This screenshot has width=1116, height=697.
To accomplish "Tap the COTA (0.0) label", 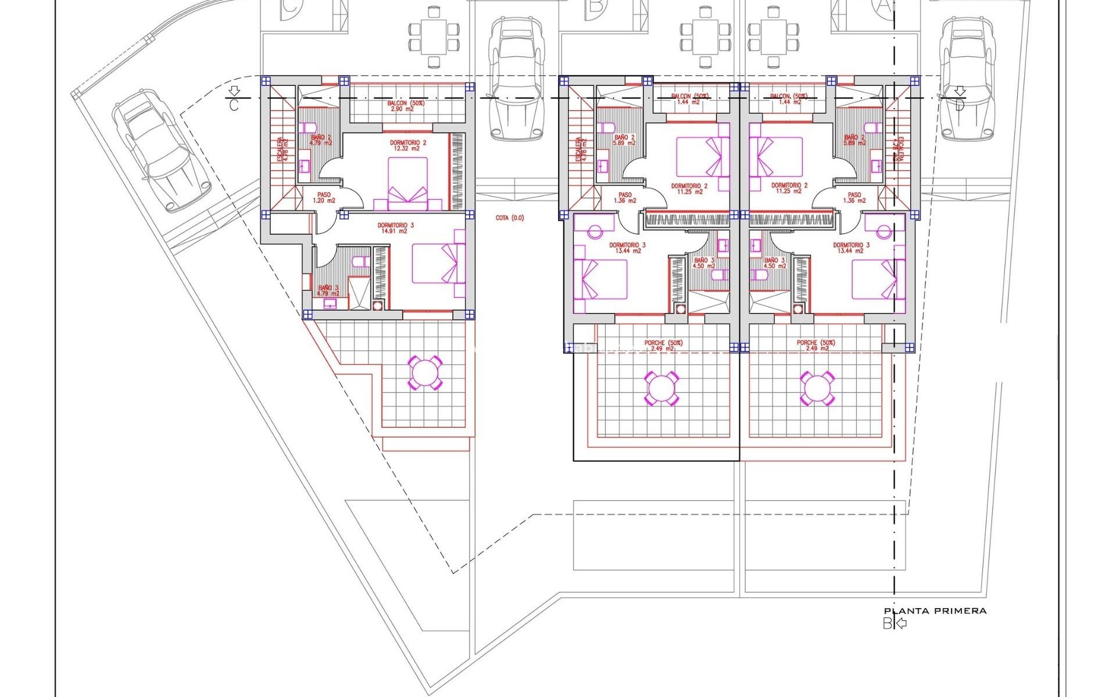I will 509,218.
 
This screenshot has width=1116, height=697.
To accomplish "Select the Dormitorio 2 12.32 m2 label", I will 407,145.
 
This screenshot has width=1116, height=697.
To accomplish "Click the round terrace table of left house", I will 425,373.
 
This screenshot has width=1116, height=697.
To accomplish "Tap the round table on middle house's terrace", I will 661,388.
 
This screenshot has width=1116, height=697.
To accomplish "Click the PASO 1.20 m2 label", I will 324,197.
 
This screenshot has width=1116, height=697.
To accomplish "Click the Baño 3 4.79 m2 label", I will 328,290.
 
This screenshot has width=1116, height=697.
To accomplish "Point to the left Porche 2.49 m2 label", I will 663,346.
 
